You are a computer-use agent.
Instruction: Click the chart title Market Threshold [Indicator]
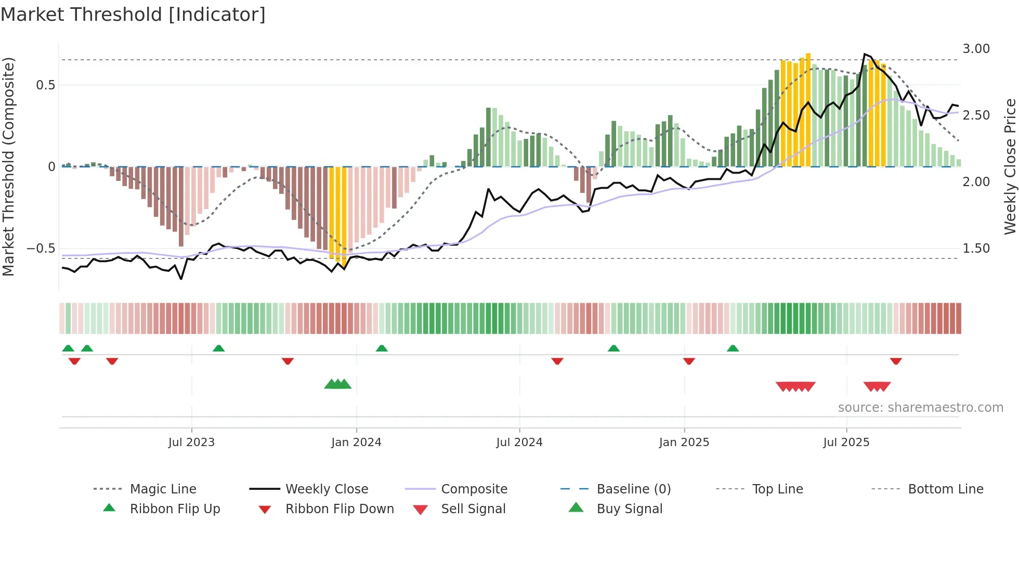pos(133,15)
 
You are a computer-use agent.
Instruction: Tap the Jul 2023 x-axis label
pos(191,442)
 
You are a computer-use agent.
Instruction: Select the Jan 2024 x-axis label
pos(356,442)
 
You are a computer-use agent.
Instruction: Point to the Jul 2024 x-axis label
pos(519,442)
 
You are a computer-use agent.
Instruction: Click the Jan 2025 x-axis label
pos(684,442)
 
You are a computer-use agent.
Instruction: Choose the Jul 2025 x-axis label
pos(846,442)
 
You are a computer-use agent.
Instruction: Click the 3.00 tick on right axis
pos(976,49)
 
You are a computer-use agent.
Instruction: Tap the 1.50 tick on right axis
pos(976,249)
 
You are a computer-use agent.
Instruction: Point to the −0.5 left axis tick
pos(41,249)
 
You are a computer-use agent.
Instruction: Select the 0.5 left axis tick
pos(45,85)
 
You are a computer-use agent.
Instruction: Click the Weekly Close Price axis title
pos(1010,166)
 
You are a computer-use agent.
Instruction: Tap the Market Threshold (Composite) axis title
pos(8,166)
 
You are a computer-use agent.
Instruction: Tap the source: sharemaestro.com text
pos(920,408)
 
